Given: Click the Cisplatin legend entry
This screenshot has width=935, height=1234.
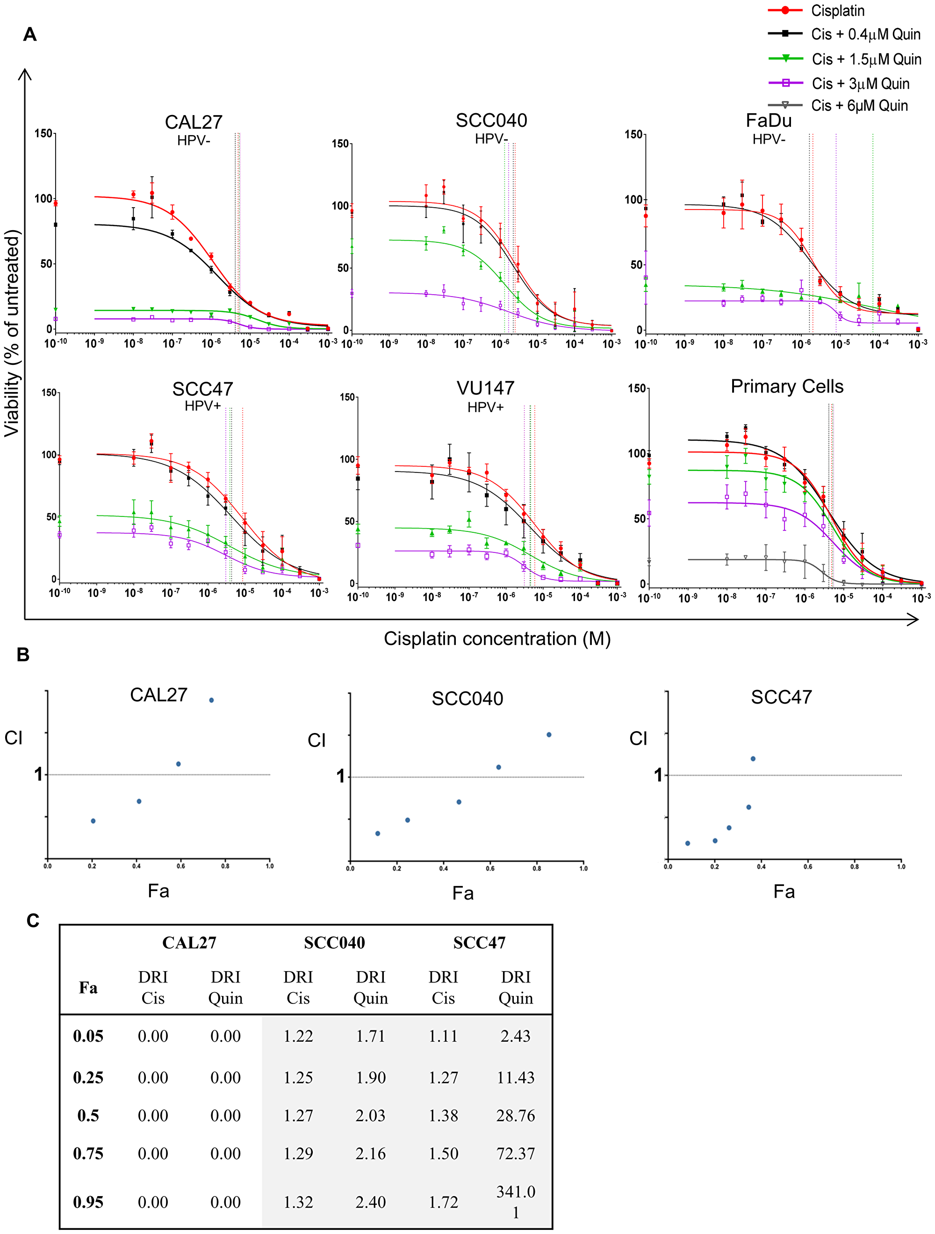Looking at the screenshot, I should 837,11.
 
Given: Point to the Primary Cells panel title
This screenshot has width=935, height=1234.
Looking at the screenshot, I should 786,386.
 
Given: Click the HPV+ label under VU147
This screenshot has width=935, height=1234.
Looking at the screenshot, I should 485,407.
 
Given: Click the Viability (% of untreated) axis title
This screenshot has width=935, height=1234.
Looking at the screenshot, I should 12,333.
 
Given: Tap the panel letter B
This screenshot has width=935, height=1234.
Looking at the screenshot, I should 23,654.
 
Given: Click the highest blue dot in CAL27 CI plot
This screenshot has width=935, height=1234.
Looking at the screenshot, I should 211,700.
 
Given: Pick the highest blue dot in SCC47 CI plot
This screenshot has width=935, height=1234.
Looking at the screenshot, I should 753,759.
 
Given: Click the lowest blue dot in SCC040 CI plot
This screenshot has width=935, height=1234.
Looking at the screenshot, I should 377,834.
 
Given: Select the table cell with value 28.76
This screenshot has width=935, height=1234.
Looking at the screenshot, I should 515,1115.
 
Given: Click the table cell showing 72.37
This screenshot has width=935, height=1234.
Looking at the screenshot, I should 515,1153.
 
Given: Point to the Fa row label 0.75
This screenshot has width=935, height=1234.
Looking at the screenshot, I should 88,1153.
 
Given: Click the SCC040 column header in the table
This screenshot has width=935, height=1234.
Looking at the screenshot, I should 334,942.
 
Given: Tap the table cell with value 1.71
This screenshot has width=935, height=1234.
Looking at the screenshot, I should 370,1036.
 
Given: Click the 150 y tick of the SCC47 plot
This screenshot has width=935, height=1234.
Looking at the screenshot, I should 49,393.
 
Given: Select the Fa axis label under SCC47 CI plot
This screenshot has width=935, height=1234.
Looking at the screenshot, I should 784,892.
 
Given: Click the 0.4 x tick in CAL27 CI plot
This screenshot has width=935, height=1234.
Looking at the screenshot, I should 136,866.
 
